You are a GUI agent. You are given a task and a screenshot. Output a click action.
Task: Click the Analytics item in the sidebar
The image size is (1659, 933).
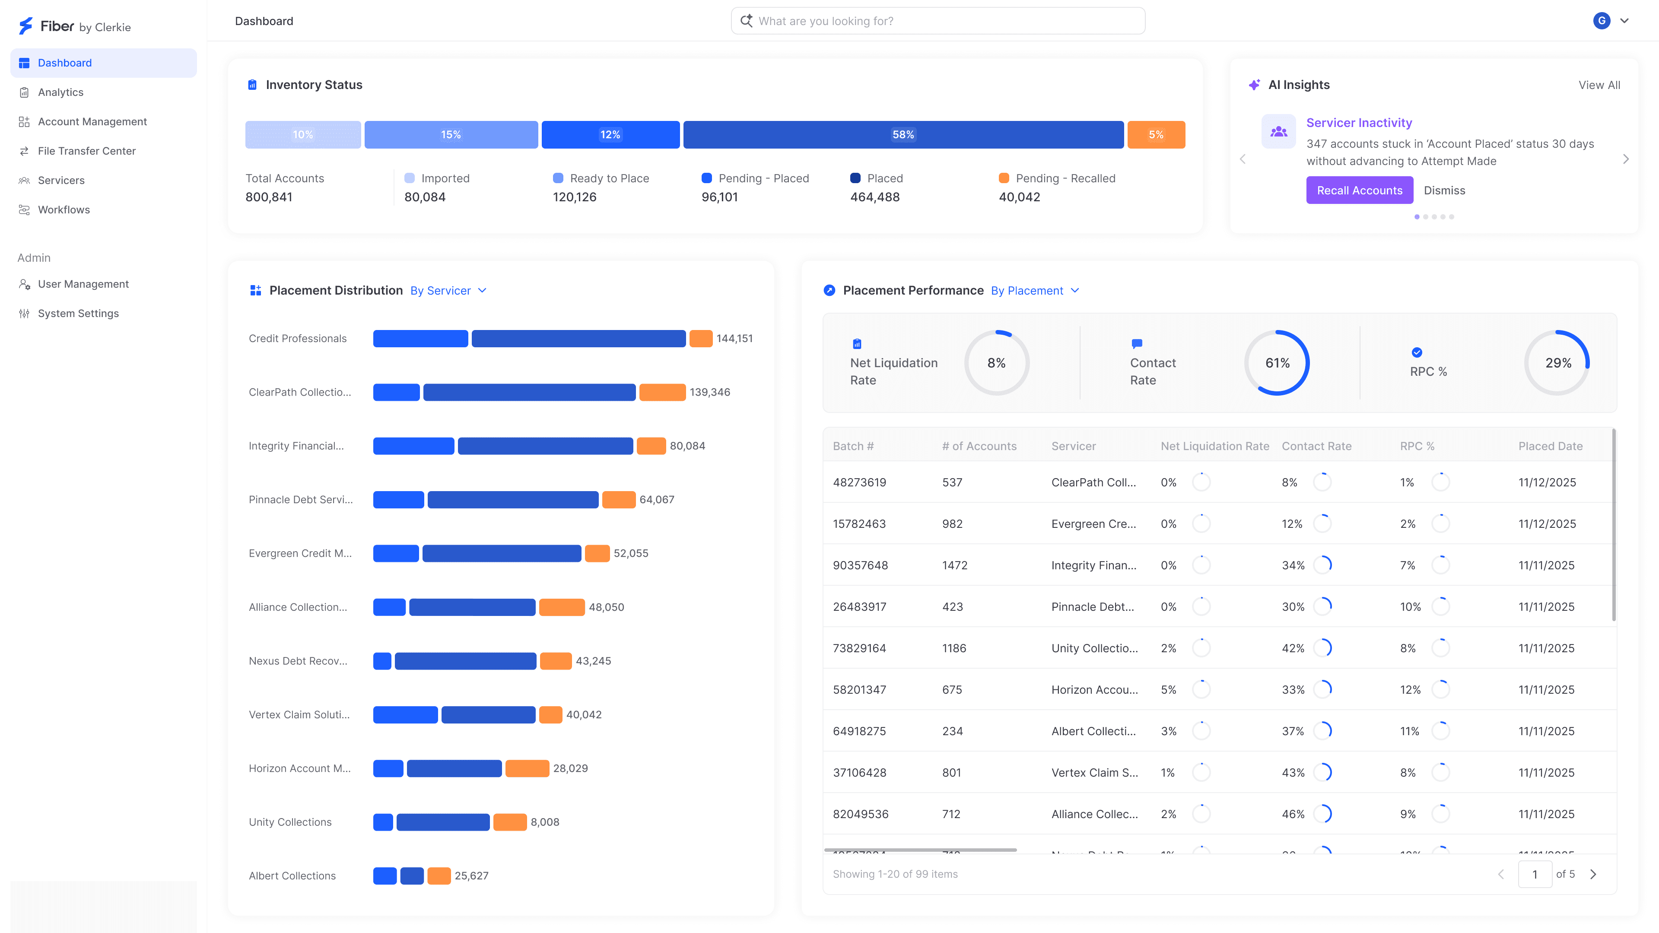click(60, 92)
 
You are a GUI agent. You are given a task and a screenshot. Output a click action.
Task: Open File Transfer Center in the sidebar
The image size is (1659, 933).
click(86, 151)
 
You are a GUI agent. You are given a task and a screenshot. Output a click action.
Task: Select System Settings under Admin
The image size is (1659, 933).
click(78, 314)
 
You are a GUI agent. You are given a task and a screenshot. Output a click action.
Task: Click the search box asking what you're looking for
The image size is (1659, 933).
click(938, 21)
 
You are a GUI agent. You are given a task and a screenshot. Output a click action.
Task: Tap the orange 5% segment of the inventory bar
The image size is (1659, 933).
click(1156, 135)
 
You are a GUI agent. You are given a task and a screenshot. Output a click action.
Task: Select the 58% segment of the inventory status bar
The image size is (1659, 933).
click(903, 135)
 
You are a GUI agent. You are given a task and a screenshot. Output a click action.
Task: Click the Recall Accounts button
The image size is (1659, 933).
click(1359, 190)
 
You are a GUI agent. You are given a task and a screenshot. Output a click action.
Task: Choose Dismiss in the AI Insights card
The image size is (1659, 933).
click(1444, 190)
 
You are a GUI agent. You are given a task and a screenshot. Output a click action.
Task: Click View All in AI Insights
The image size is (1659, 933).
click(1599, 85)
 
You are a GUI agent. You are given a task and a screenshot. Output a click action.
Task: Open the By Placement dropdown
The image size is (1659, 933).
click(1034, 291)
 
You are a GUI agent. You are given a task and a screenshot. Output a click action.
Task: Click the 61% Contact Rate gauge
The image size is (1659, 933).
click(1277, 363)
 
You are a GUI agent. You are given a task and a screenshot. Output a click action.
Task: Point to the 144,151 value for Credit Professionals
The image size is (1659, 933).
click(734, 339)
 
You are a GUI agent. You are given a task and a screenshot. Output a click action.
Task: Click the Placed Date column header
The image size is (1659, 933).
click(1550, 446)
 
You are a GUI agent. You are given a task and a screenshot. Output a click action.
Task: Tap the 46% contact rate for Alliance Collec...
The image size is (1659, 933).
click(1293, 814)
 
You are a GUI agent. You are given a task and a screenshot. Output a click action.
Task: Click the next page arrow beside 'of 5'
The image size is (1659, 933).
click(1593, 874)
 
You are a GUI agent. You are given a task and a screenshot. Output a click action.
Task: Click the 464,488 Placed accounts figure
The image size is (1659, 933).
click(874, 197)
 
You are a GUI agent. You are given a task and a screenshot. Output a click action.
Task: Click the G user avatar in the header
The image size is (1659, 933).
click(1601, 21)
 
